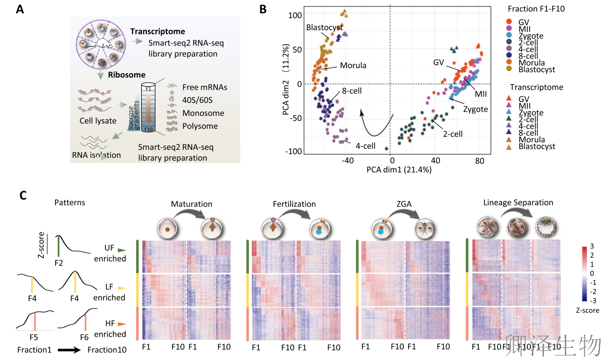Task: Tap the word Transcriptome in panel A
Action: tap(157, 31)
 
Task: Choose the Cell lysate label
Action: tap(98, 121)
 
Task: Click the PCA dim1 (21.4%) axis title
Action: tap(399, 170)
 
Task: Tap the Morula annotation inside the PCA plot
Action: tap(353, 66)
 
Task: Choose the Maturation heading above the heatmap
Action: tap(192, 204)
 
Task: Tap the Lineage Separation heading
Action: tap(518, 203)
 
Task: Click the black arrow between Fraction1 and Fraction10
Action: tap(69, 349)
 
